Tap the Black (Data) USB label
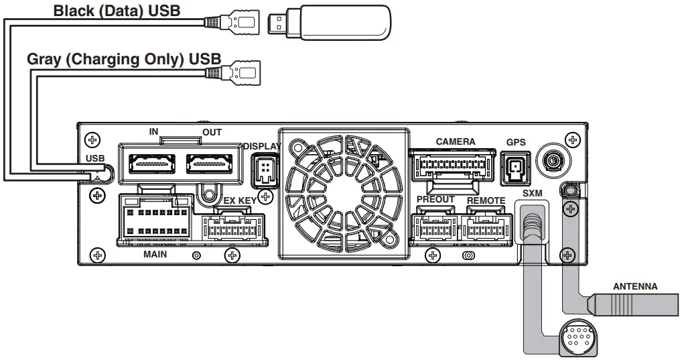pos(117,11)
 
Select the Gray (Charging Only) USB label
pos(123,59)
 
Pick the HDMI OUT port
pos(210,163)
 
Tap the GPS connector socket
pos(515,168)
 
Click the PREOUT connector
pos(434,227)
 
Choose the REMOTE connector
pos(486,227)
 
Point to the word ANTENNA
pos(635,286)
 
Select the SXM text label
pos(532,193)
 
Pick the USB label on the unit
pos(96,158)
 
